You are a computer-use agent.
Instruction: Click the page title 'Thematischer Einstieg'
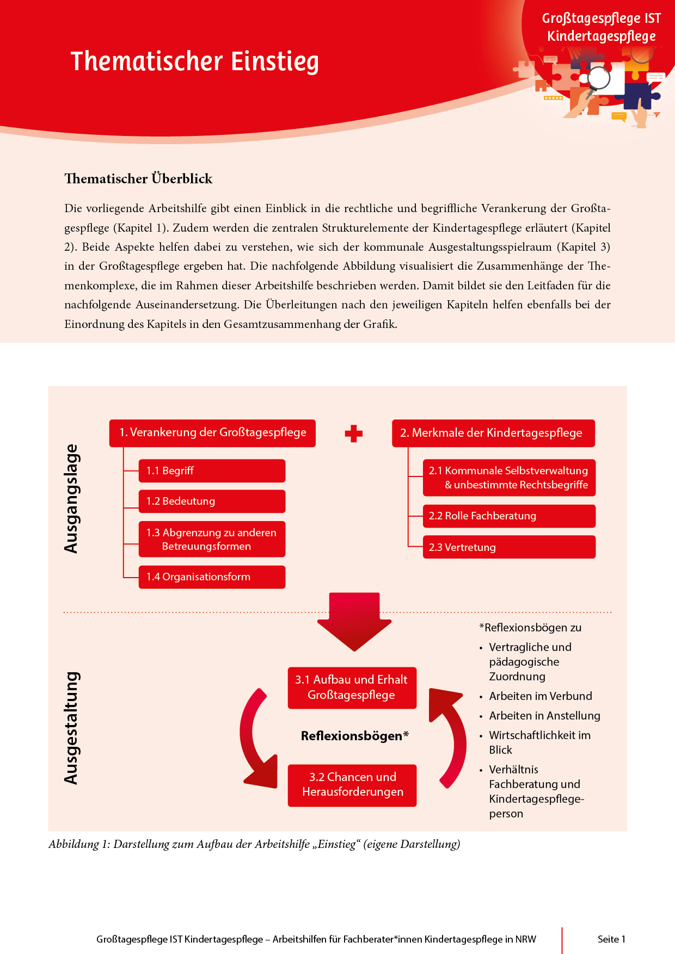click(194, 61)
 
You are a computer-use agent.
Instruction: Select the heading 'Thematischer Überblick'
click(138, 178)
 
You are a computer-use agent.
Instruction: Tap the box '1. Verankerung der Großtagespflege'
click(212, 433)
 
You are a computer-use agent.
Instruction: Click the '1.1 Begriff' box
click(212, 471)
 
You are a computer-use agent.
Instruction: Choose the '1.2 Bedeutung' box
click(212, 501)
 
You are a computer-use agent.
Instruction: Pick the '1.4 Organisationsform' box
click(212, 577)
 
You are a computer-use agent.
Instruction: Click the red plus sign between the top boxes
click(354, 433)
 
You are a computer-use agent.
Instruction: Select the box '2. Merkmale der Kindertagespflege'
click(493, 433)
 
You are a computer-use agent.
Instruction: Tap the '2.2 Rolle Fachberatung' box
click(509, 516)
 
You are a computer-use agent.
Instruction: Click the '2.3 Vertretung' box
click(509, 547)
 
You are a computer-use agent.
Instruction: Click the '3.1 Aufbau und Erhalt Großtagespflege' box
click(352, 687)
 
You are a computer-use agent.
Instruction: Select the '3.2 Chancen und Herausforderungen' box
click(352, 785)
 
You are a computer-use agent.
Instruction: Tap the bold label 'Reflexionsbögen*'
click(354, 736)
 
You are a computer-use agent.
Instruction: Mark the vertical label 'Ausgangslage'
click(71, 499)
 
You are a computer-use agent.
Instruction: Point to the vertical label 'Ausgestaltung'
click(71, 728)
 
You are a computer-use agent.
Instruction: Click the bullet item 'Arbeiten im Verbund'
click(540, 696)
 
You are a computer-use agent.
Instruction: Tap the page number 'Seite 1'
click(611, 939)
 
